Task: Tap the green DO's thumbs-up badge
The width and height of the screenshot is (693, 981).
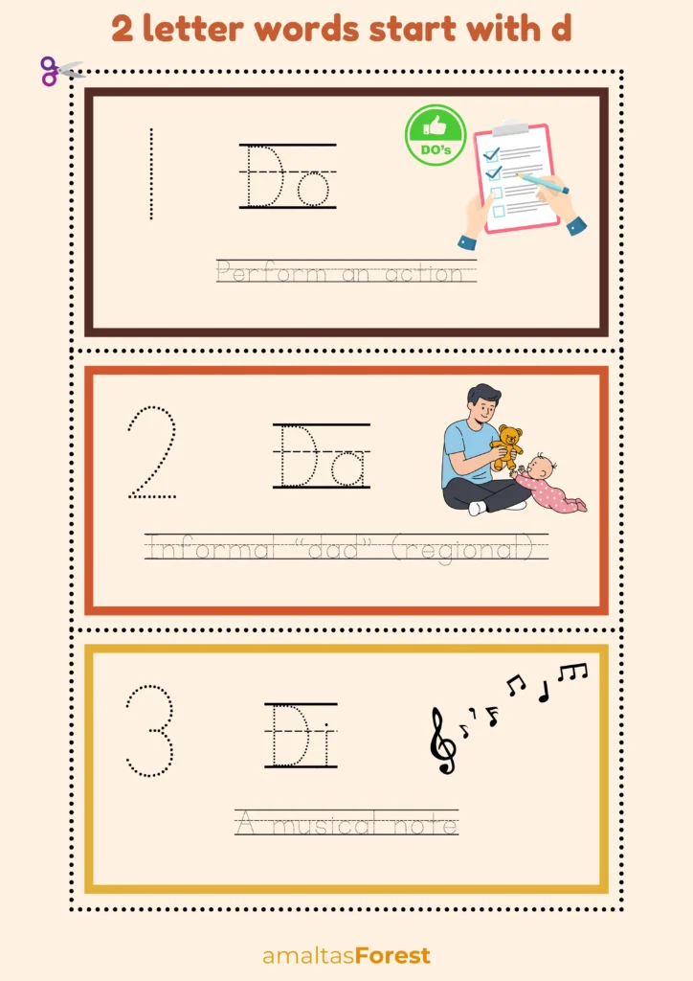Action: coord(436,135)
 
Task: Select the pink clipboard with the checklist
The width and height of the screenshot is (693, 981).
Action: coord(518,178)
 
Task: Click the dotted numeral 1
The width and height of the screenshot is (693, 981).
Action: coord(150,174)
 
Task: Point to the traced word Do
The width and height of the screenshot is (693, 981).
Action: coord(287,176)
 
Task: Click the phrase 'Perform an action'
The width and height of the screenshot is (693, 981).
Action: coord(346,273)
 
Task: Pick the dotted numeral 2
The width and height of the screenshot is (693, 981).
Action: coord(152,453)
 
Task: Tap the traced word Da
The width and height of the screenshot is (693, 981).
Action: coord(322,456)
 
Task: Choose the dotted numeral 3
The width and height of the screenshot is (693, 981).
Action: coord(150,730)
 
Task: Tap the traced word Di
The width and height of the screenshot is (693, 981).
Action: coord(301,736)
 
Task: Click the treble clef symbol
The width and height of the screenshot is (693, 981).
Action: coord(441,741)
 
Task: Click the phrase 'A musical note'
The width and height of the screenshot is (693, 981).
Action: coord(346,823)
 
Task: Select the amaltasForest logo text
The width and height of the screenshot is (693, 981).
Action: coord(346,955)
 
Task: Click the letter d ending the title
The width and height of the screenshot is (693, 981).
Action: coord(561,29)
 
